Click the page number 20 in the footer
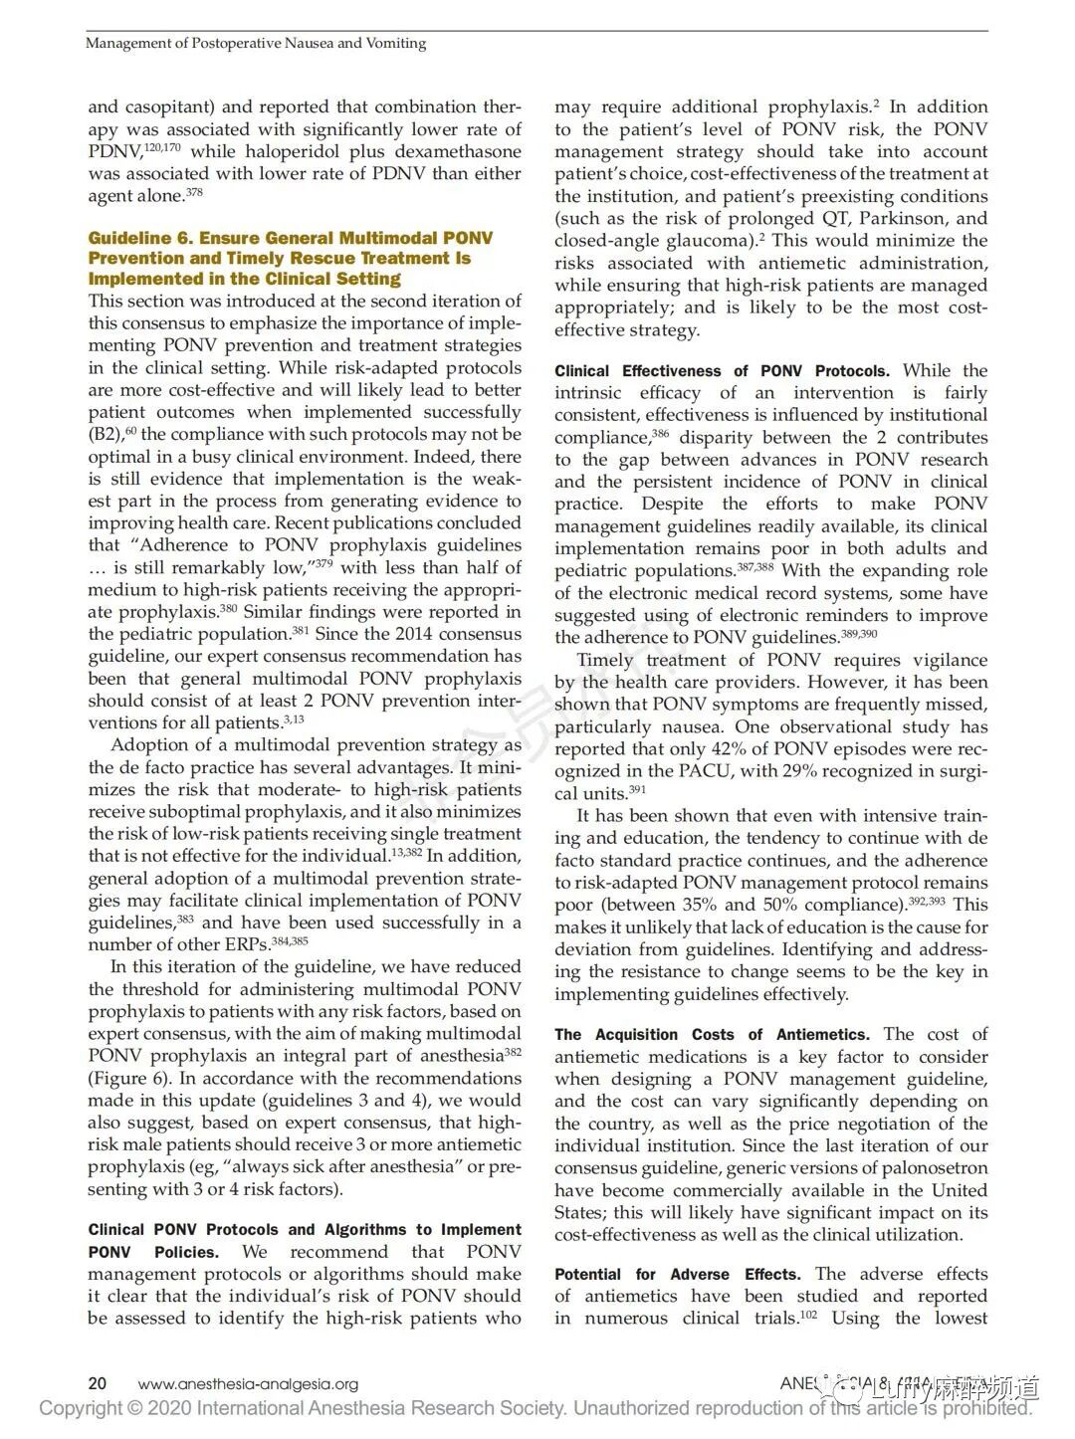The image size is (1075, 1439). [98, 1383]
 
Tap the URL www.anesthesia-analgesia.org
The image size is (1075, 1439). [248, 1383]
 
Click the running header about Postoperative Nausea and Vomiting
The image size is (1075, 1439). [256, 43]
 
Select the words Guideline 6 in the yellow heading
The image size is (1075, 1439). [143, 238]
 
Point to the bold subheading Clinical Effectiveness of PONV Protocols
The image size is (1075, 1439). [722, 371]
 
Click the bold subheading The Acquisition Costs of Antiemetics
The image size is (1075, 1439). [712, 1035]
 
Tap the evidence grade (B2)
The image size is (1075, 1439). [105, 435]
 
